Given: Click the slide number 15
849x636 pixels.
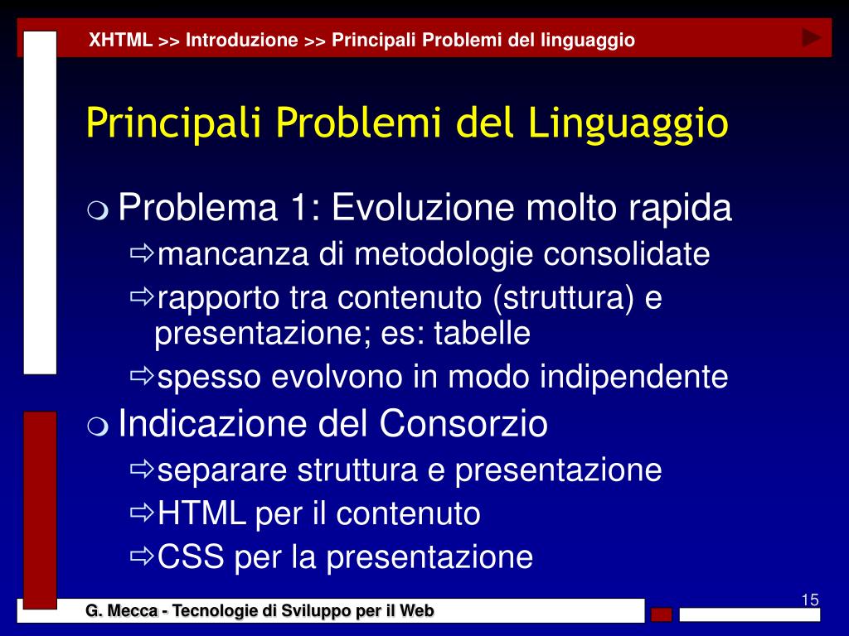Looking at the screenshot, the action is point(810,600).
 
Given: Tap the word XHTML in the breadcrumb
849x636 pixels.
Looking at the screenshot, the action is point(120,40).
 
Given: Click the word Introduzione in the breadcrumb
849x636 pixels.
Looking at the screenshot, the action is point(241,40).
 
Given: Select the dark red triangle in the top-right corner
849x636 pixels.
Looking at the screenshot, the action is point(811,38).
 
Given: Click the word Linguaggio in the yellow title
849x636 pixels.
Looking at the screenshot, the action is point(628,123).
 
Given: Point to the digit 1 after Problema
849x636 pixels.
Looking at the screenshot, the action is point(299,207).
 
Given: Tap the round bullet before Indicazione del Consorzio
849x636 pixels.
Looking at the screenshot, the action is point(98,426).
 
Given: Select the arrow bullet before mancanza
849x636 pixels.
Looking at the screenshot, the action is point(142,252).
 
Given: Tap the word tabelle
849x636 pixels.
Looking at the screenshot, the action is point(482,333).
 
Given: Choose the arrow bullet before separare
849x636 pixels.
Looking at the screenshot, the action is point(142,469).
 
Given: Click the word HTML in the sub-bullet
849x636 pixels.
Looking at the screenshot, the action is point(201,513).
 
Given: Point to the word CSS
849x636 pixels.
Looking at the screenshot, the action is point(191,556).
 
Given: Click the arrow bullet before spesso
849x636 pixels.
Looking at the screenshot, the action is point(142,375).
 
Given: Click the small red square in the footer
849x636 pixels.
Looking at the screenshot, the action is point(661,614).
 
